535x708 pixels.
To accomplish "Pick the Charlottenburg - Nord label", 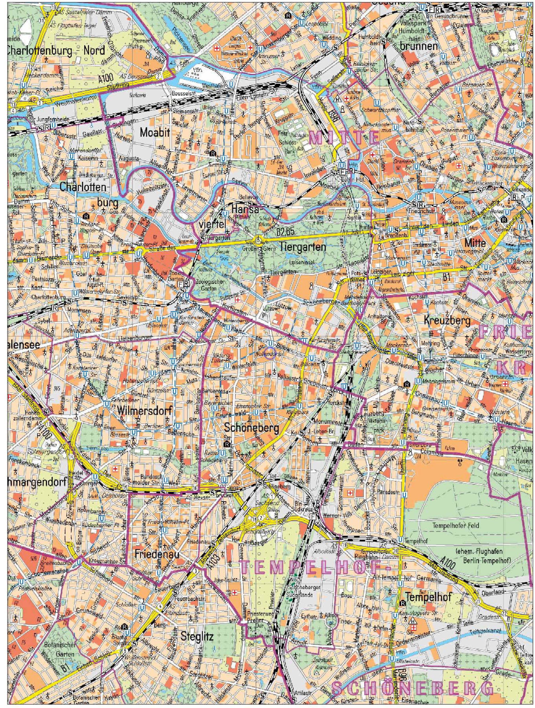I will coord(56,50).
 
